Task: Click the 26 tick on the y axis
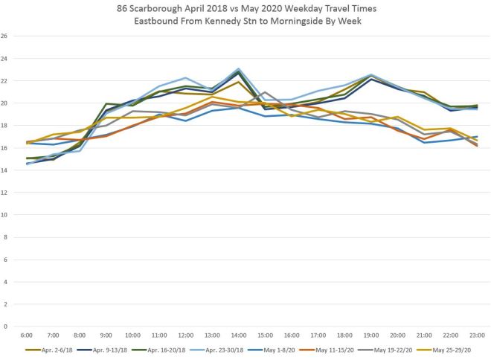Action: pyautogui.click(x=5, y=36)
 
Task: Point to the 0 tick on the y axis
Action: pyautogui.click(x=7, y=326)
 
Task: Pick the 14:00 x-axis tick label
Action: pyautogui.click(x=239, y=335)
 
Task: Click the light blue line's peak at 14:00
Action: pyautogui.click(x=238, y=68)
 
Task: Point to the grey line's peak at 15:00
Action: pyautogui.click(x=264, y=92)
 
